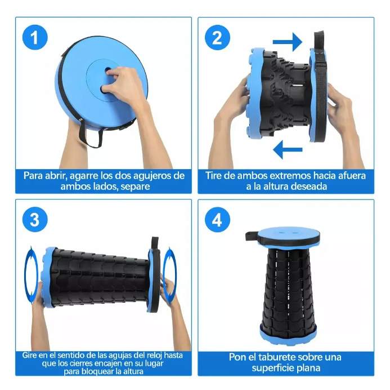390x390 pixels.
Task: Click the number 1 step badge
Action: (35, 37)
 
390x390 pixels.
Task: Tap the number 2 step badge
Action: (217, 37)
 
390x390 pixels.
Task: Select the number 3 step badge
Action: (35, 219)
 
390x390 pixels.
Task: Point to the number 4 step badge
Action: (217, 219)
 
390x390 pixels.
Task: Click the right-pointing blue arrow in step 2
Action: (287, 42)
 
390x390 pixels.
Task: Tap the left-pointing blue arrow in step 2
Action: (288, 150)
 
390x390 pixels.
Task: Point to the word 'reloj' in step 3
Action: (152, 355)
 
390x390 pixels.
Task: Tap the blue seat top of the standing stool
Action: (289, 233)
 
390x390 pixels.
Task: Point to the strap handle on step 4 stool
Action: (251, 236)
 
